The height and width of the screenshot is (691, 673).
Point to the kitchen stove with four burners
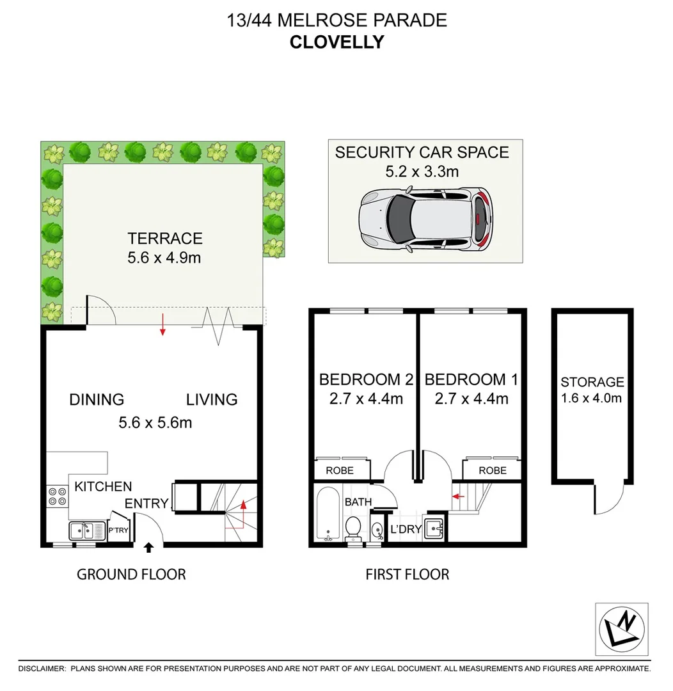click(x=57, y=497)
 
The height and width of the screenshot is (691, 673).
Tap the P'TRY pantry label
click(x=118, y=530)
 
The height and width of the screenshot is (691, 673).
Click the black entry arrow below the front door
click(x=149, y=547)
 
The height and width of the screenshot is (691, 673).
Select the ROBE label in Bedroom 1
click(x=492, y=470)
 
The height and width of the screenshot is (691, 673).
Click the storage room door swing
click(x=606, y=499)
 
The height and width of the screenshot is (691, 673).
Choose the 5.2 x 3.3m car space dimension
click(x=422, y=171)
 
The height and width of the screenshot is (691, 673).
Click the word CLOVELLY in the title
click(x=336, y=42)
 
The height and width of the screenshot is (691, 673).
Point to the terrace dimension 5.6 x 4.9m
click(x=164, y=259)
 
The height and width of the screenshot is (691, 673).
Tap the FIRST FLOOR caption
click(x=407, y=574)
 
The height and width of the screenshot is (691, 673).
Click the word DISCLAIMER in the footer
click(x=42, y=669)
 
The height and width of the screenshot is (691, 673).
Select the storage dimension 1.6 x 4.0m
click(x=592, y=398)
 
